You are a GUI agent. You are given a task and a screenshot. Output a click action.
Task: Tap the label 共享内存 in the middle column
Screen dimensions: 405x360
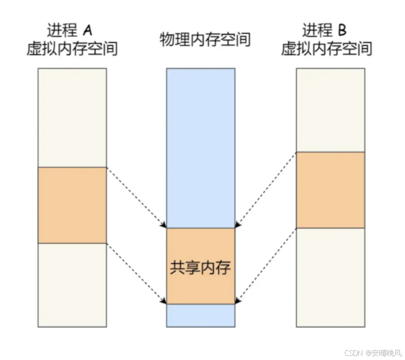pos(200,268)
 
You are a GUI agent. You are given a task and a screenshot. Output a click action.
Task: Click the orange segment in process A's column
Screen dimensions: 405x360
pos(72,205)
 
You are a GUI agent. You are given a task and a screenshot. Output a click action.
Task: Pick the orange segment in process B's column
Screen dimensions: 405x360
pos(330,190)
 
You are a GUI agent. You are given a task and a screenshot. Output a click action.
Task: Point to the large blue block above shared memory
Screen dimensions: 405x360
pos(201,148)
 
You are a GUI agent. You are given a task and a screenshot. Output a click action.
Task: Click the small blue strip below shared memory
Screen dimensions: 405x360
pos(201,315)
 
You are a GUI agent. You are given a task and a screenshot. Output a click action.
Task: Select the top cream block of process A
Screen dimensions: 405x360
pos(72,118)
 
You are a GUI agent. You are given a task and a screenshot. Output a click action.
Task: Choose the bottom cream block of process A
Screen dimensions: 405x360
pos(72,285)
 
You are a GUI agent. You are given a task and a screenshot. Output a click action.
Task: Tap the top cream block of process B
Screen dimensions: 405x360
pos(330,110)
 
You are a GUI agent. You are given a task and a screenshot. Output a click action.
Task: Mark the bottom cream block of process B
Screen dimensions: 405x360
pos(330,277)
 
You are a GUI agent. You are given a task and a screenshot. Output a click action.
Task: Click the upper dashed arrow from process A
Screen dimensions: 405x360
pos(136,197)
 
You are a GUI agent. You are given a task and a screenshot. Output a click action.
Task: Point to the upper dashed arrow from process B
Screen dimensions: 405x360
pos(265,190)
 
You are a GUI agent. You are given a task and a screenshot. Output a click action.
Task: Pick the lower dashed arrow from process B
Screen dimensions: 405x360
pos(265,265)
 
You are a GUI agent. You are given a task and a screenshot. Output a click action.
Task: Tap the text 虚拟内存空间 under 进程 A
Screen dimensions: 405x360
pos(72,49)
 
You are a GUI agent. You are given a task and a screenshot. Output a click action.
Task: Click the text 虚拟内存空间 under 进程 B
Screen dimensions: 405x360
pos(327,49)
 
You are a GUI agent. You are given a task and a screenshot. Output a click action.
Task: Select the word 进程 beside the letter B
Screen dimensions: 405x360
pos(317,31)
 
